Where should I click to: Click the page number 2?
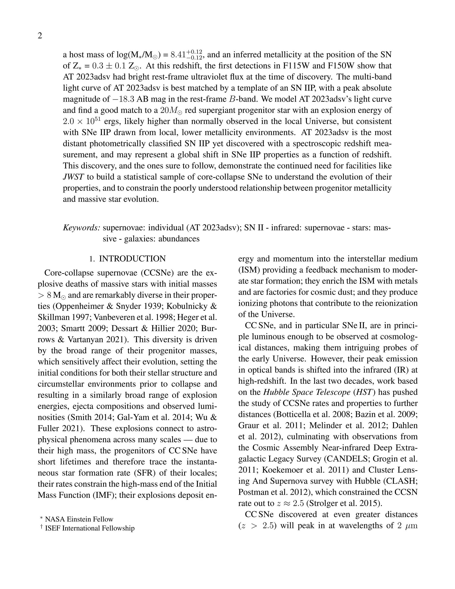click(x=40, y=36)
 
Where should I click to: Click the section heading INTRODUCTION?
click(x=132, y=259)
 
